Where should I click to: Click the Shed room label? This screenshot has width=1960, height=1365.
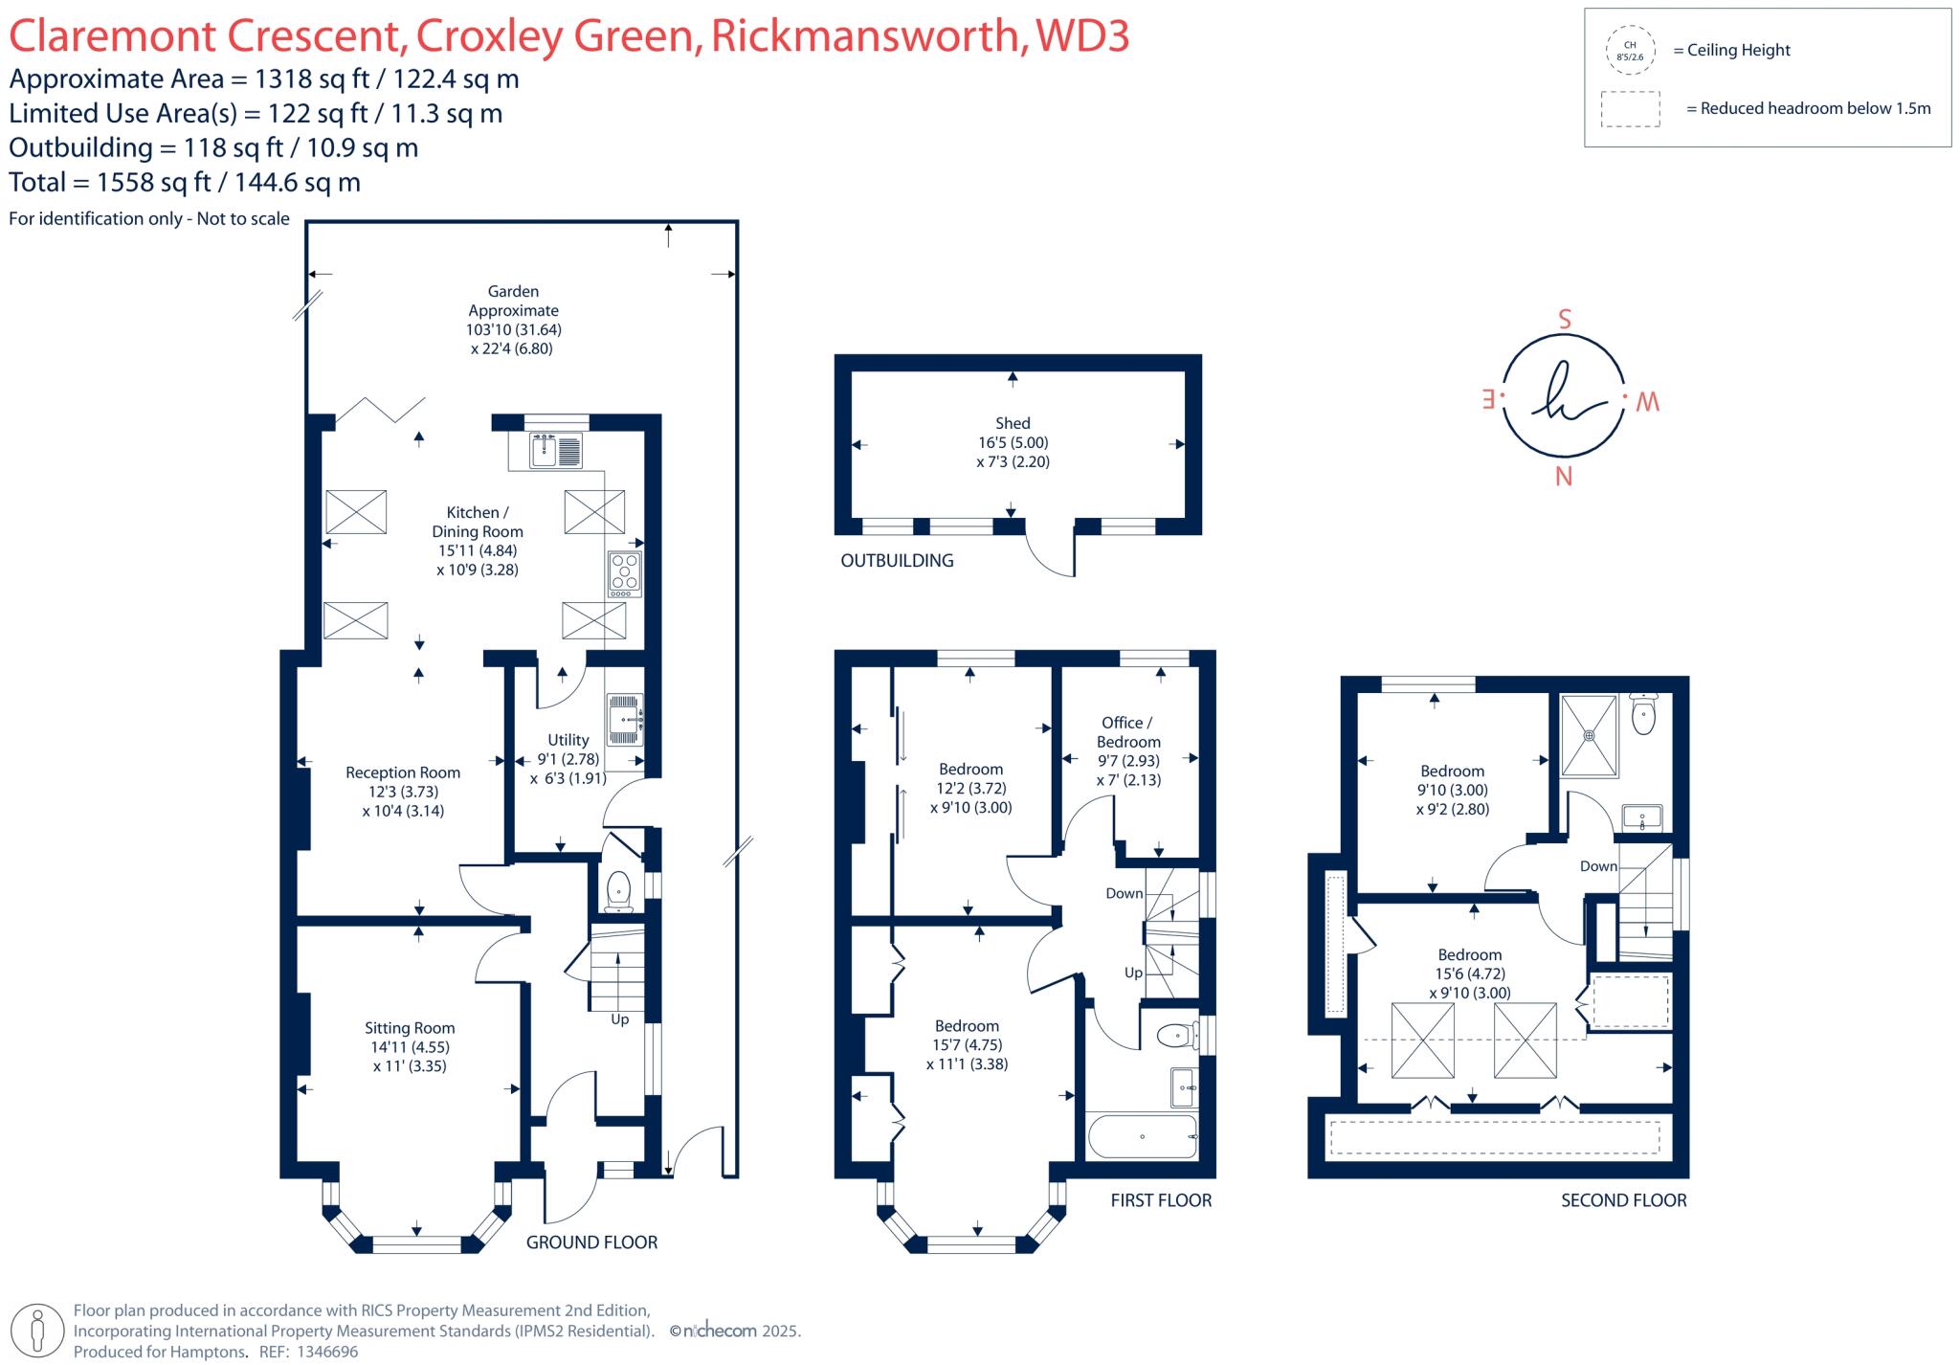(1013, 423)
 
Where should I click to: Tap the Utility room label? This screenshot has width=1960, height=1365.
(568, 740)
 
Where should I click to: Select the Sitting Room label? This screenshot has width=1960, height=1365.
(409, 1028)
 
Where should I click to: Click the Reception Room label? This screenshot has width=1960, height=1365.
(403, 772)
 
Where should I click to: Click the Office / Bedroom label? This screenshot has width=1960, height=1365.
(1128, 732)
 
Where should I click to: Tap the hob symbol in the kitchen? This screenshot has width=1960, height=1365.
(624, 573)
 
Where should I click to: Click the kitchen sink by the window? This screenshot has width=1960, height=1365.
(555, 450)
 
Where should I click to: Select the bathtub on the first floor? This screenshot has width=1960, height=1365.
(1142, 1137)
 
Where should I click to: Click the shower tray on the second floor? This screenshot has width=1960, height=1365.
(1589, 735)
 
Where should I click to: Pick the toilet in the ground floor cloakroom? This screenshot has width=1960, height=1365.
(618, 889)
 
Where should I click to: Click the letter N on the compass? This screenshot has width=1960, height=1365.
(1564, 477)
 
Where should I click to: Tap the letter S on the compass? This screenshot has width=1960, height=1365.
(1565, 320)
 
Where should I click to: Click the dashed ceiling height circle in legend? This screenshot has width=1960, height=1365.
(1630, 51)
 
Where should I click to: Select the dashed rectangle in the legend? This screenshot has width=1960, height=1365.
(1630, 109)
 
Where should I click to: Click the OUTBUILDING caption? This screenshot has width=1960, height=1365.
(897, 561)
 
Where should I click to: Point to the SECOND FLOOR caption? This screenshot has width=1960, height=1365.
(1623, 1200)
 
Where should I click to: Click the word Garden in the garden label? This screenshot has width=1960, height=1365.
(513, 291)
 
